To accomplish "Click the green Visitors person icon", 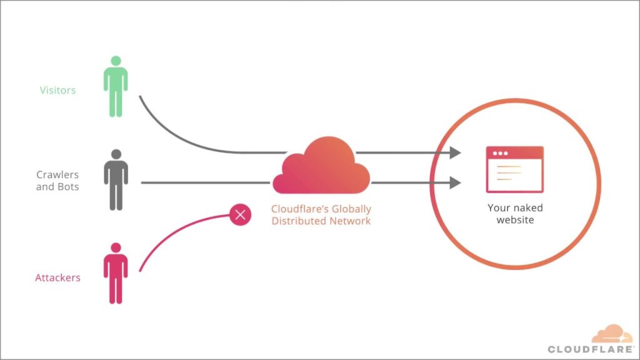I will [116, 87].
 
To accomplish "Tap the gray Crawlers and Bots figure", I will [116, 181].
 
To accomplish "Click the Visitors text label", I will [57, 90].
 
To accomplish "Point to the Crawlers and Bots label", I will [57, 181].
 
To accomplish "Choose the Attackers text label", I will [57, 277].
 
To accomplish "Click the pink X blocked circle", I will [241, 215].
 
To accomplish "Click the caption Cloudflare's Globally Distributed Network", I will [321, 215].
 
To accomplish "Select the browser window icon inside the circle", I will [514, 169].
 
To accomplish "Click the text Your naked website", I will [515, 214].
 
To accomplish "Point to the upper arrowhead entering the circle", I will [455, 152].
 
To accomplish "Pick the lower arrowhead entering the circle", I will [455, 183].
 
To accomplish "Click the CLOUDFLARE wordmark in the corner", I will [591, 349].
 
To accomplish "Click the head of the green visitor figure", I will [116, 61].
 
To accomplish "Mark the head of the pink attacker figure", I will [116, 247].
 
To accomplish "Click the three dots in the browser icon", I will [499, 154].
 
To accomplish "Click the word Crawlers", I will [57, 174].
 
